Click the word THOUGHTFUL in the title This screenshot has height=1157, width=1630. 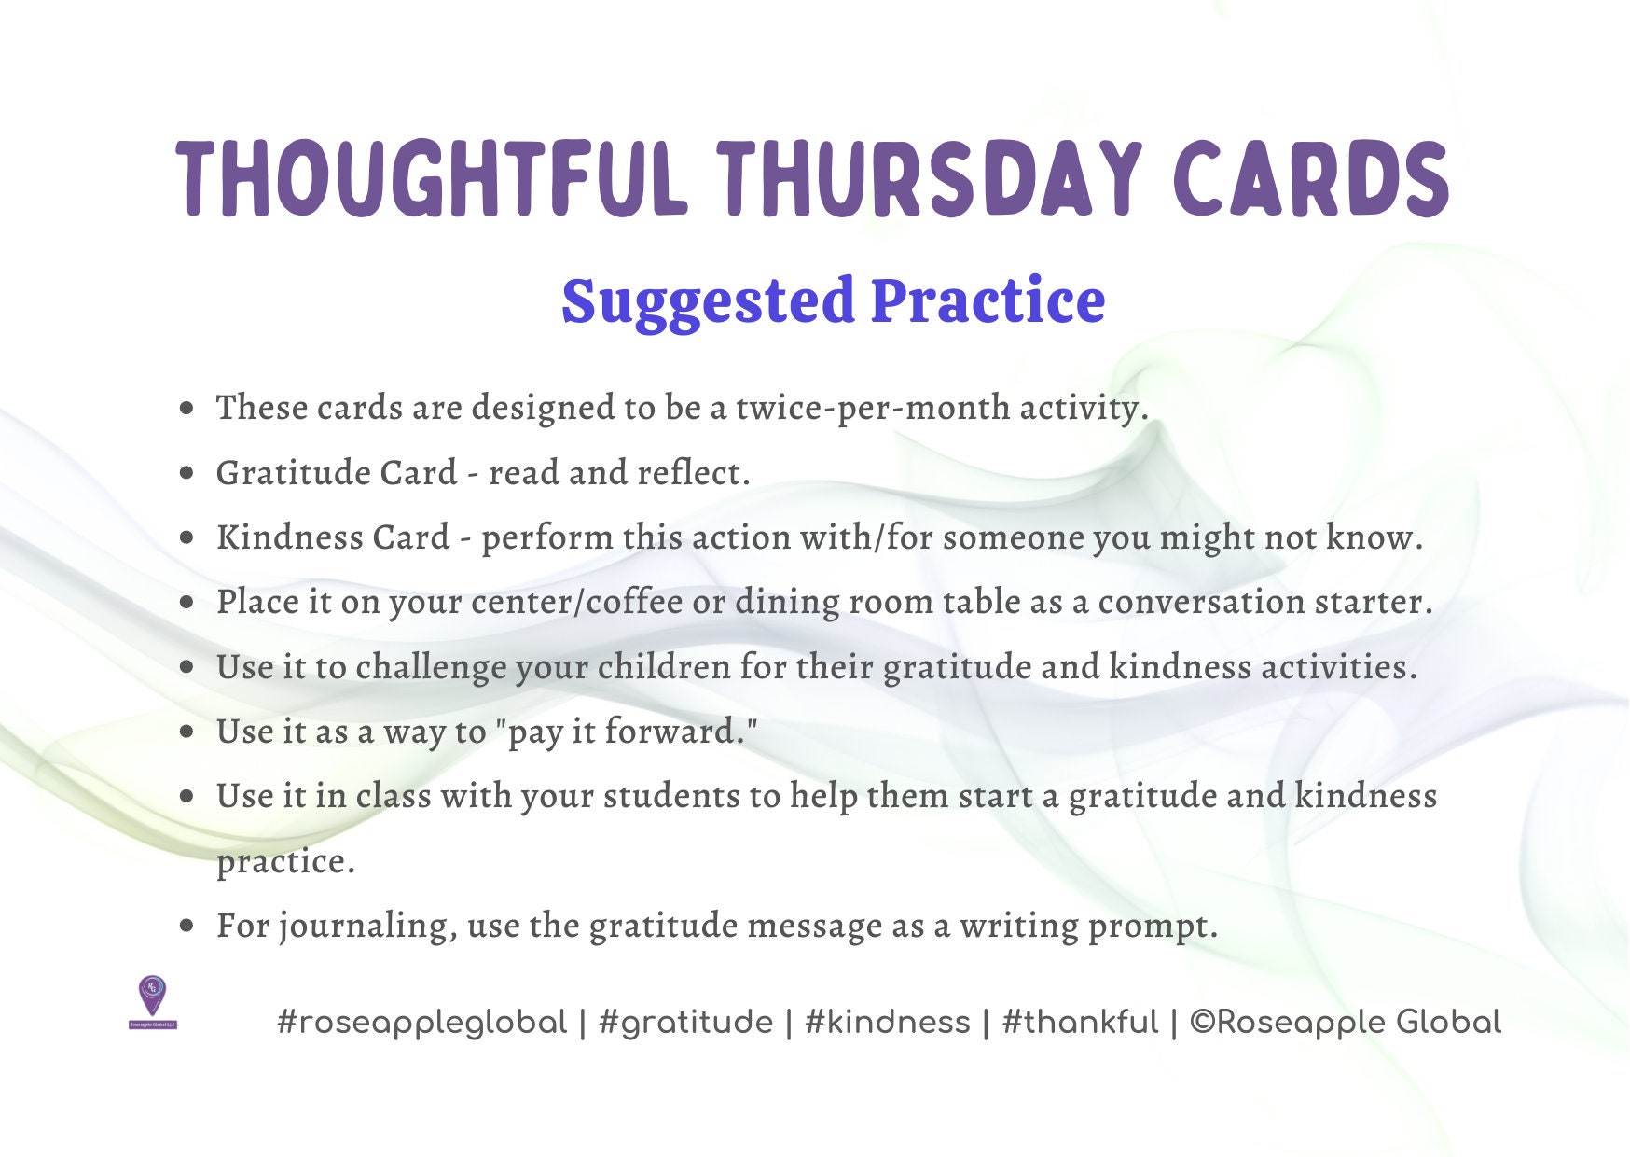click(x=432, y=179)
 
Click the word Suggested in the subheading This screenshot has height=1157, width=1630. click(x=708, y=301)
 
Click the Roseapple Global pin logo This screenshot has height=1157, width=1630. click(x=152, y=1000)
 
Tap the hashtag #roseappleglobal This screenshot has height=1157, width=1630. click(x=422, y=1023)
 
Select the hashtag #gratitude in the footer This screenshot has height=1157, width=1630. click(x=686, y=1023)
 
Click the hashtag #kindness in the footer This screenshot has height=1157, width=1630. click(x=888, y=1023)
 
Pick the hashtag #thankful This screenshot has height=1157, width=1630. click(x=1080, y=1023)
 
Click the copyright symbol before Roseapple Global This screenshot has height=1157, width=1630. click(x=1202, y=1022)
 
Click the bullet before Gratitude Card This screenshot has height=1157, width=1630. click(x=188, y=473)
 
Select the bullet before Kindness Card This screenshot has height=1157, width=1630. click(x=188, y=538)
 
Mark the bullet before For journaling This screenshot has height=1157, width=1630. click(x=188, y=926)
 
